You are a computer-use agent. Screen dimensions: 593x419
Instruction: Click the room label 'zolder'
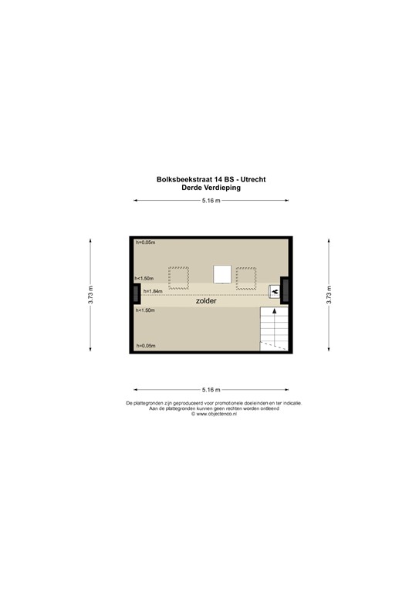(x=206, y=302)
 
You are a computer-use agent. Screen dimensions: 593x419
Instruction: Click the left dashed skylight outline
(x=178, y=277)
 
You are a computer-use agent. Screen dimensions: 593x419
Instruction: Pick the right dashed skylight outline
(x=246, y=277)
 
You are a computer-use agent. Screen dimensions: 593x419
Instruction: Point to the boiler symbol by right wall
(x=274, y=291)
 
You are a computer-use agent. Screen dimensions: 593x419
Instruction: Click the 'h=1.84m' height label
(x=154, y=291)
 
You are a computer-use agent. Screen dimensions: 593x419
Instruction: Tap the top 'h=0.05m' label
(x=144, y=243)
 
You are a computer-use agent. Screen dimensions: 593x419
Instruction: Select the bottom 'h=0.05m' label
(x=145, y=346)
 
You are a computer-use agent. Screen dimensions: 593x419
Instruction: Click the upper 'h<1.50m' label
(x=144, y=278)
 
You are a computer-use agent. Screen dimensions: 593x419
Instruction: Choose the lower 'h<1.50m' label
(x=145, y=310)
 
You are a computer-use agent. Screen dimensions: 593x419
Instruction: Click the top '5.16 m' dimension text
(x=211, y=201)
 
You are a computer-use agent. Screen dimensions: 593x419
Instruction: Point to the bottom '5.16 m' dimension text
(x=211, y=389)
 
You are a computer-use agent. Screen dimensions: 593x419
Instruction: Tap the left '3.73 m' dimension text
(x=91, y=295)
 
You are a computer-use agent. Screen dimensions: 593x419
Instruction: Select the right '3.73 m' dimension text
(x=329, y=295)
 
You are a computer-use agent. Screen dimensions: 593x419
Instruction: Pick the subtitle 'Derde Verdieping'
(x=211, y=187)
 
